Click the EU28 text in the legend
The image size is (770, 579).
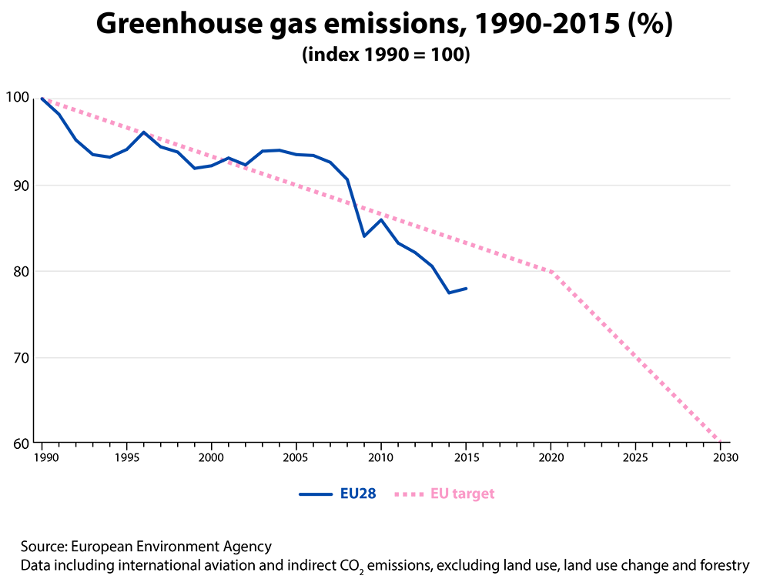pyautogui.click(x=358, y=494)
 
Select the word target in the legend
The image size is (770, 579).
pyautogui.click(x=474, y=494)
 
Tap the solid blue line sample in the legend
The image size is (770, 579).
pyautogui.click(x=316, y=494)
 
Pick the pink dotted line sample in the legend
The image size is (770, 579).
pyautogui.click(x=409, y=494)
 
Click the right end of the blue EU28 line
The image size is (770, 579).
pyautogui.click(x=467, y=288)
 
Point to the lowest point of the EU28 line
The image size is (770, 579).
pyautogui.click(x=450, y=293)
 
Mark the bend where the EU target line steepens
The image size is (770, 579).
pyautogui.click(x=553, y=272)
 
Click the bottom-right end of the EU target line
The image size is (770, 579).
pyautogui.click(x=721, y=442)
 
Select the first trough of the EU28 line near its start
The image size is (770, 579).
pyautogui.click(x=109, y=157)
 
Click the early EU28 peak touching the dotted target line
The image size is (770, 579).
pyautogui.click(x=143, y=132)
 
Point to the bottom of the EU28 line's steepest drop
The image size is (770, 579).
pyautogui.click(x=364, y=236)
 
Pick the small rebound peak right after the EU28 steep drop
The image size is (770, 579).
pyautogui.click(x=381, y=219)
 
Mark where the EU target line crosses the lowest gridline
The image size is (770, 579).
pyautogui.click(x=638, y=357)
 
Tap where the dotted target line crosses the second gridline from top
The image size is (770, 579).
pyautogui.click(x=293, y=185)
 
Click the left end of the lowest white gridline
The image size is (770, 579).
pyautogui.click(x=35, y=357)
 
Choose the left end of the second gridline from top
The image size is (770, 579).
pyautogui.click(x=35, y=185)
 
